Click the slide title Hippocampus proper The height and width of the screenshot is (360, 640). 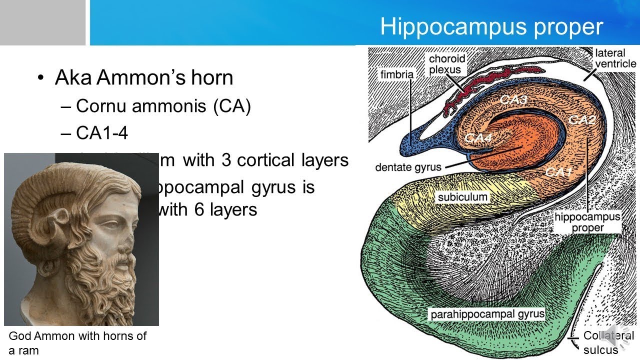[x=491, y=26]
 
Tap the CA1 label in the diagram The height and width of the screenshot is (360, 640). [x=558, y=172]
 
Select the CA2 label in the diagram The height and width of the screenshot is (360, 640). [x=581, y=119]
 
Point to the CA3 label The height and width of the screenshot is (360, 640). [x=513, y=100]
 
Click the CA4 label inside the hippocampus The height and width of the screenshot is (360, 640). [x=478, y=137]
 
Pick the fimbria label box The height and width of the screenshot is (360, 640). [x=396, y=75]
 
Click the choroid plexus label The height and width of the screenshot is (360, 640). [x=446, y=64]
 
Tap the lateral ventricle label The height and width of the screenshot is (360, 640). [x=614, y=58]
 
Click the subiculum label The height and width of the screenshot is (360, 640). [x=462, y=197]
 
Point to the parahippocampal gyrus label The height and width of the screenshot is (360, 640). [x=487, y=314]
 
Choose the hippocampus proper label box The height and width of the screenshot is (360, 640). [x=587, y=222]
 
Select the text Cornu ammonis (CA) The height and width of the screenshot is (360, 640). [x=163, y=106]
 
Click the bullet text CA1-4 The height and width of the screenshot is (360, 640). [x=102, y=133]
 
